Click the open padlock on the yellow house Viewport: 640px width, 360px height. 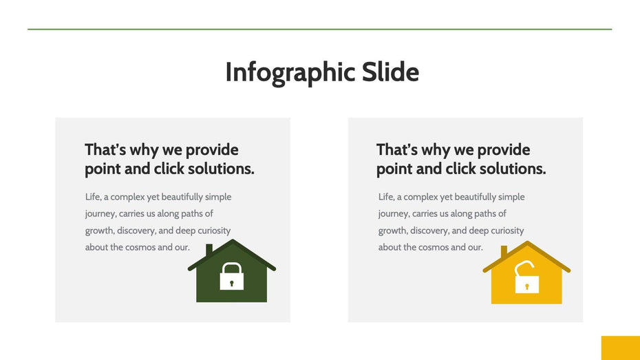(x=526, y=277)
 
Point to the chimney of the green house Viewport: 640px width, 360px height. (x=209, y=250)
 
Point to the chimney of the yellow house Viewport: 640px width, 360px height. (x=504, y=252)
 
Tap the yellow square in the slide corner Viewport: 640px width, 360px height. (x=620, y=348)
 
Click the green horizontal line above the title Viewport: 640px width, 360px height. (x=319, y=29)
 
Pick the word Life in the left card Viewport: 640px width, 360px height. (x=93, y=197)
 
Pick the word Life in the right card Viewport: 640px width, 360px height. (x=386, y=197)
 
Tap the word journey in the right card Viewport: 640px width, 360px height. (x=394, y=214)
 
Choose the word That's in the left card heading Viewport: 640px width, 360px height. (x=104, y=150)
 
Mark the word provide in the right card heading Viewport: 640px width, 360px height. (x=504, y=150)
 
